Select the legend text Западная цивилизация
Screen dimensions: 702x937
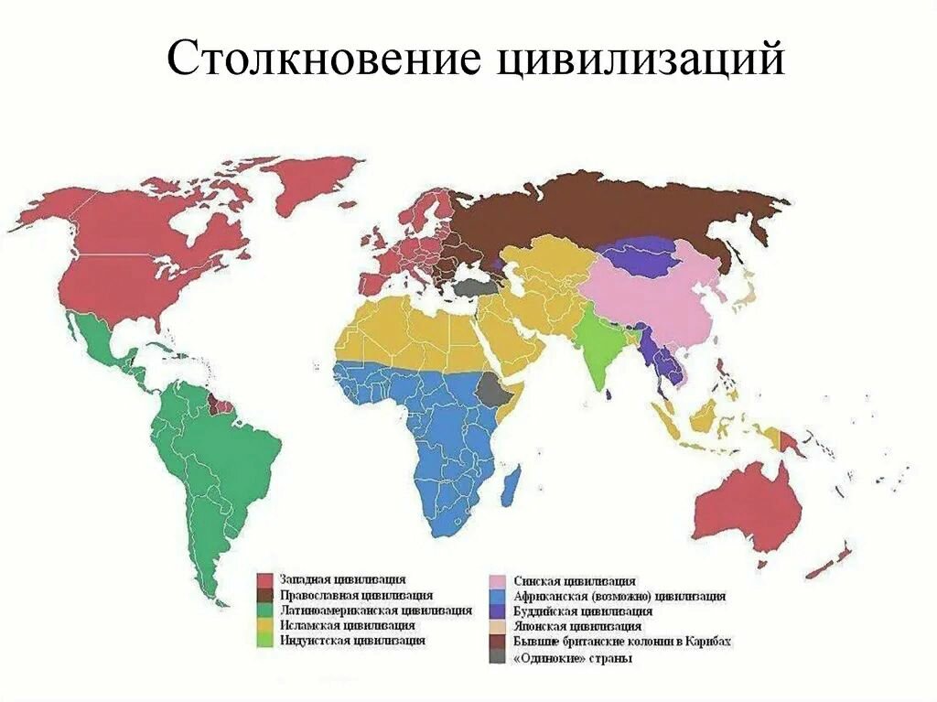344,579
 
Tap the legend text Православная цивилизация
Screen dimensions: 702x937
356,594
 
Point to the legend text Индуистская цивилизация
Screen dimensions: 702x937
353,641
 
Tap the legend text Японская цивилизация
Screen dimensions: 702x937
577,626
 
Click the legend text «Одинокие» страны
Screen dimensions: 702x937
573,658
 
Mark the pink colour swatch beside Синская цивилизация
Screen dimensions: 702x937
496,581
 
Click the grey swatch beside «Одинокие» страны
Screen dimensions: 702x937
496,658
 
